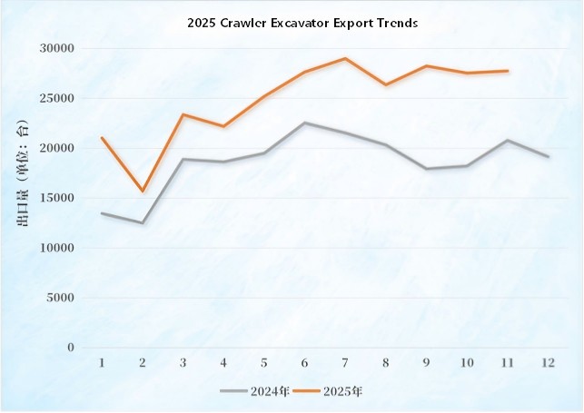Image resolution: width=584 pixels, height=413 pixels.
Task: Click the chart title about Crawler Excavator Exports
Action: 302,25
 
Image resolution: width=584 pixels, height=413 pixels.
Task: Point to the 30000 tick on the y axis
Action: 56,48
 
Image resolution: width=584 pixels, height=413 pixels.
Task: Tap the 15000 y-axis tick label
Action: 56,198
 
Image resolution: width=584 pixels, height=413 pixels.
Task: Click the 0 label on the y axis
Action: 69,348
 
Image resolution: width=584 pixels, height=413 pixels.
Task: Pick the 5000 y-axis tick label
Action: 60,298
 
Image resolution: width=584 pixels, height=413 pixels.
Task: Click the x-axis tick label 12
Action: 548,362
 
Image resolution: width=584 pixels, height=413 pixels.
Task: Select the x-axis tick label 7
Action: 345,362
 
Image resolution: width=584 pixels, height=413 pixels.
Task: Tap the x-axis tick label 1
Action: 102,362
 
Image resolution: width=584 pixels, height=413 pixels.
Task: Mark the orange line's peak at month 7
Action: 345,58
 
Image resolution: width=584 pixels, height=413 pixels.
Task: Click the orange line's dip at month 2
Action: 143,191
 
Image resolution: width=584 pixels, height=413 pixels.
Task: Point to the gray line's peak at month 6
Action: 304,123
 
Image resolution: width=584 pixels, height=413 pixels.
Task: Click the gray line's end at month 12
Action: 548,156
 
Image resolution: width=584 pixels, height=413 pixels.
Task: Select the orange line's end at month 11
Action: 507,71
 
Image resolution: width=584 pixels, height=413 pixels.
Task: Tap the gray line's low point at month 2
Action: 143,222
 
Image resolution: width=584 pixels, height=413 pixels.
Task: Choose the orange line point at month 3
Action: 183,114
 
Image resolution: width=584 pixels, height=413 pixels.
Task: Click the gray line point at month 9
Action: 426,169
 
